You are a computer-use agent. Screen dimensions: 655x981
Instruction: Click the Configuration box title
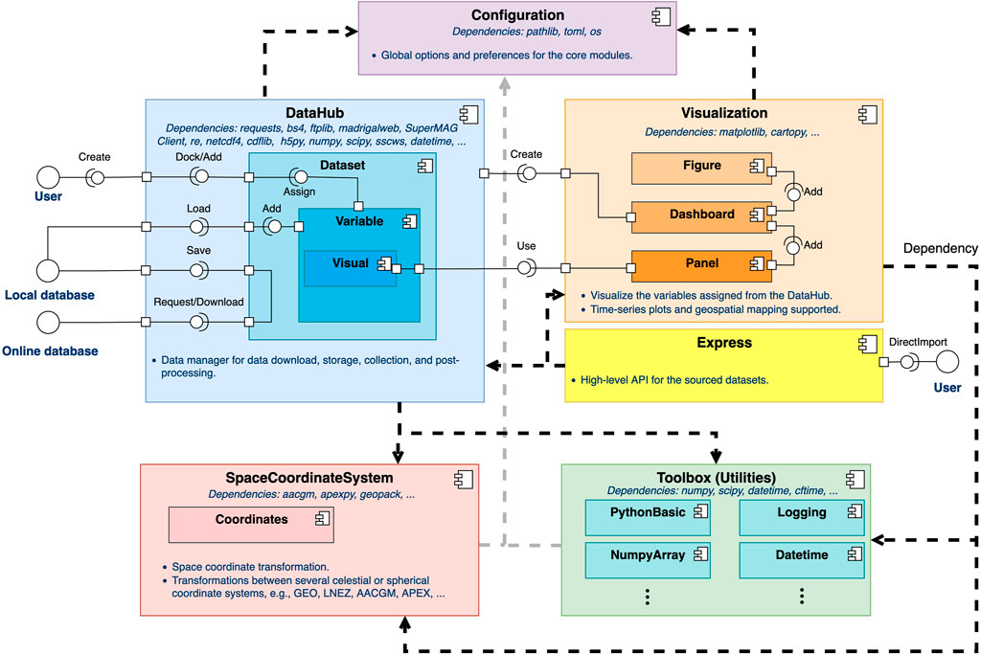[x=517, y=15]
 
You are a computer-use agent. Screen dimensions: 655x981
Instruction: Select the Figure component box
[x=702, y=168]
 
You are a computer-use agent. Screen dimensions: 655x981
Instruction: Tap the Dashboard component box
[x=702, y=215]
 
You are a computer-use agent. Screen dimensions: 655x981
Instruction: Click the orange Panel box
[x=702, y=261]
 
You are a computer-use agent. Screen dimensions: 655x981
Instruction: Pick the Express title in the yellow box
[x=723, y=343]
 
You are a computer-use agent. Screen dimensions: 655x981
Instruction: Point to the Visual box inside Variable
[x=350, y=265]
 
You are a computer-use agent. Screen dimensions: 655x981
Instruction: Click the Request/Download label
[x=198, y=302]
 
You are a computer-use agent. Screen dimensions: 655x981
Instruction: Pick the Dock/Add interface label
[x=199, y=157]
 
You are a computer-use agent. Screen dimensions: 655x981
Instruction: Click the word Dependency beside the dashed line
[x=941, y=247]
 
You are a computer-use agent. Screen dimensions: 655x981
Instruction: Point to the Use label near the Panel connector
[x=525, y=246]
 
